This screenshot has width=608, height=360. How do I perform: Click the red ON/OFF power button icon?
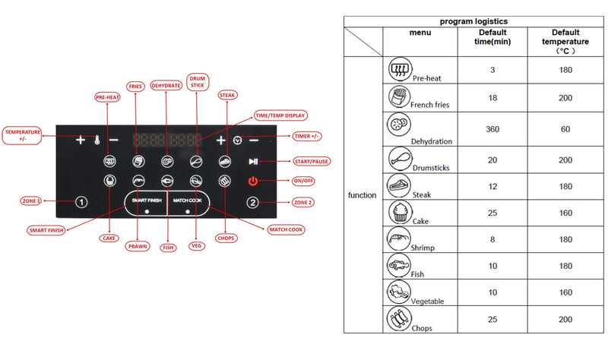click(x=253, y=181)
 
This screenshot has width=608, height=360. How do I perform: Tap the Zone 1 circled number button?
click(x=82, y=202)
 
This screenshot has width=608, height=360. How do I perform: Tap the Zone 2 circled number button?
click(x=253, y=202)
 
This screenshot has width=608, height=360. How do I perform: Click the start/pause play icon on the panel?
click(x=253, y=162)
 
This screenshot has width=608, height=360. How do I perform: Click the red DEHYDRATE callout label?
click(x=166, y=86)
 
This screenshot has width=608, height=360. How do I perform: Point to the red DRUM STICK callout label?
click(x=197, y=82)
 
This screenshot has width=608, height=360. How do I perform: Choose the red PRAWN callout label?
click(x=137, y=247)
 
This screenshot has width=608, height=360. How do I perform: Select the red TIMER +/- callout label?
click(x=306, y=137)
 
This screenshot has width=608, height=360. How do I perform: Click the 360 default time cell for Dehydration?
click(x=492, y=129)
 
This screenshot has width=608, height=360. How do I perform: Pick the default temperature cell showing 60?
click(x=565, y=129)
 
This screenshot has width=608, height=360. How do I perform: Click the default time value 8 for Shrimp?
click(x=492, y=238)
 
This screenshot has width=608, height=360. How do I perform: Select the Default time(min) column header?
click(x=492, y=38)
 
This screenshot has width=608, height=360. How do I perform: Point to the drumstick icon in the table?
click(x=400, y=157)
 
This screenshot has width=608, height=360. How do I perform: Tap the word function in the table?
click(x=362, y=195)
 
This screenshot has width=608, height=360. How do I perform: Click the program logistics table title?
click(x=473, y=21)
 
